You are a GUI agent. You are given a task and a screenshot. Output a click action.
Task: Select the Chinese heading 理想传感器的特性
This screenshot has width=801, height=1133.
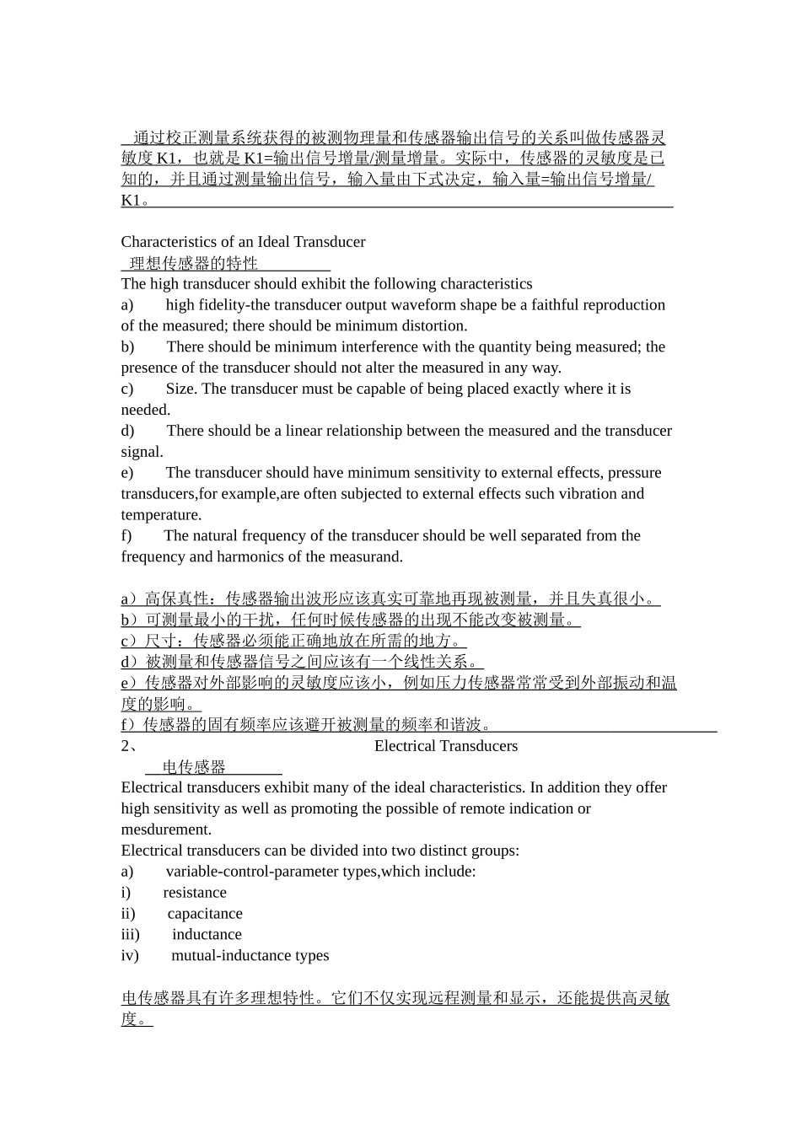click(x=193, y=263)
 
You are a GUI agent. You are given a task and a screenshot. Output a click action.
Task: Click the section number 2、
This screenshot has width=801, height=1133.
click(x=130, y=746)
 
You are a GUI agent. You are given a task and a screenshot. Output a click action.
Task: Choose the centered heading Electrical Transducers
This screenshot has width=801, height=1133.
click(x=445, y=746)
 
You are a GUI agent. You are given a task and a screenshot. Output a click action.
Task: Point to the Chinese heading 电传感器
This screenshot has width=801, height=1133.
click(x=194, y=767)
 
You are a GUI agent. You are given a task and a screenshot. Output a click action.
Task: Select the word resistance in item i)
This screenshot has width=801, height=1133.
click(x=195, y=893)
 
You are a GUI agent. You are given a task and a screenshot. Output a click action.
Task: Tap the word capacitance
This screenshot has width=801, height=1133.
click(x=205, y=914)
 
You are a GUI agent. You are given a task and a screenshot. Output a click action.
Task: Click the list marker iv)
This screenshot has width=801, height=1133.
click(x=130, y=956)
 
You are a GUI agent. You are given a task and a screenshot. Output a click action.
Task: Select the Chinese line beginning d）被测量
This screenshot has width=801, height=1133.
click(x=302, y=662)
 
